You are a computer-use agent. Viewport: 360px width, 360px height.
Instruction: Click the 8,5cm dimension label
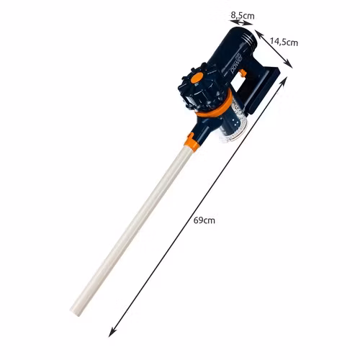tap(243, 16)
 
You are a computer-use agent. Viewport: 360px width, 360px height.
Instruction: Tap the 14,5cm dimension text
tap(284, 42)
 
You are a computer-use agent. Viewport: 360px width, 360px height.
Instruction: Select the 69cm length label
tap(204, 220)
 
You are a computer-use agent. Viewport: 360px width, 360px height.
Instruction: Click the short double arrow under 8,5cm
tap(241, 23)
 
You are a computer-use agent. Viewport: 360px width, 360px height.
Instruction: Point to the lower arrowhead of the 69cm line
tap(112, 333)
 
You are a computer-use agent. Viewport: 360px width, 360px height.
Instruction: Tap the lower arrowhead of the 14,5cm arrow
tap(289, 64)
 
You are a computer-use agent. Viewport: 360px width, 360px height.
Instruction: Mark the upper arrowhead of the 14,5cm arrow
tap(258, 34)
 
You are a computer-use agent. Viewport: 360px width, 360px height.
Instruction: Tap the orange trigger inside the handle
tap(243, 73)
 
